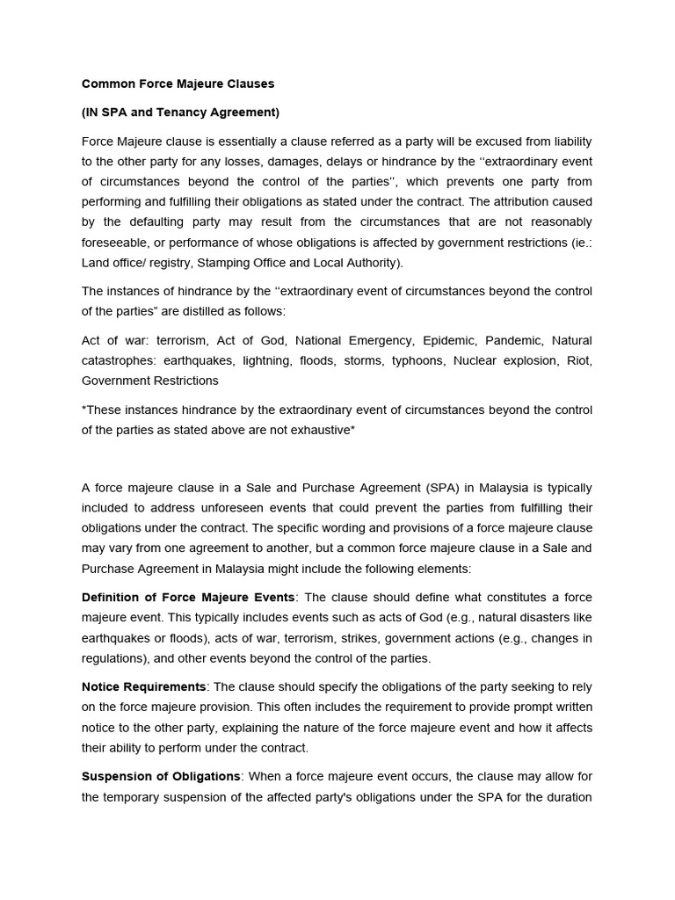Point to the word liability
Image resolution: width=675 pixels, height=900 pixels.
point(565,141)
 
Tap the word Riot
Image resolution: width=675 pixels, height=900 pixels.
point(578,360)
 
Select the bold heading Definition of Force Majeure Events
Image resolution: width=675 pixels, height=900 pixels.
point(188,598)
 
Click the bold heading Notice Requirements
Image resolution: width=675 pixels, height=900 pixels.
point(144,686)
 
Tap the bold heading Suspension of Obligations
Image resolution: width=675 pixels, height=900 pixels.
point(161,776)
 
